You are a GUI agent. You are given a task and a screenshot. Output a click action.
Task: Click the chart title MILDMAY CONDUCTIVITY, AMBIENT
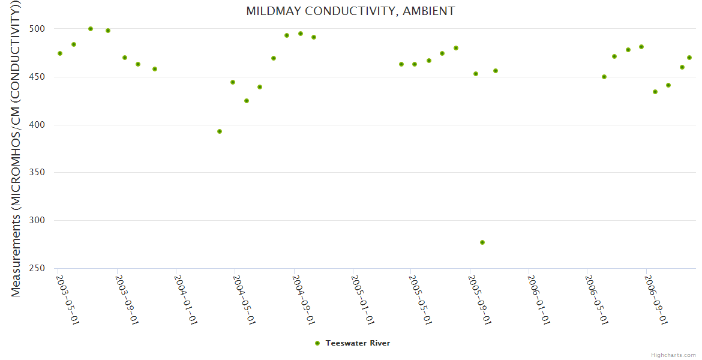pyautogui.click(x=350, y=11)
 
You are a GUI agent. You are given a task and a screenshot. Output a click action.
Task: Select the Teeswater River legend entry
pyautogui.click(x=358, y=343)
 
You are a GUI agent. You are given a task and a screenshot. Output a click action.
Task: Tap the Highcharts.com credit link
pyautogui.click(x=673, y=355)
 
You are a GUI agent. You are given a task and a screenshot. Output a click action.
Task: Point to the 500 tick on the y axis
pyautogui.click(x=41, y=29)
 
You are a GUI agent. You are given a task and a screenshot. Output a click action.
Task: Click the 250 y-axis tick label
pyautogui.click(x=41, y=268)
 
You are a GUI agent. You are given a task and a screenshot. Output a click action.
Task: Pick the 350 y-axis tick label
pyautogui.click(x=41, y=173)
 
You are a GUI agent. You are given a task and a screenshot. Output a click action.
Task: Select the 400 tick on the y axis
pyautogui.click(x=41, y=125)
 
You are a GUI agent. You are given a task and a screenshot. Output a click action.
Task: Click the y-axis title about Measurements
pyautogui.click(x=16, y=149)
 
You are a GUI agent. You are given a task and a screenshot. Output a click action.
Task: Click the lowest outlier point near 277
pyautogui.click(x=482, y=242)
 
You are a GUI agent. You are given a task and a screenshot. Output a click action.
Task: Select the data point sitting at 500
pyautogui.click(x=91, y=29)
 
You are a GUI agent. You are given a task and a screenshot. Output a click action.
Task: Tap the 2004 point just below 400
pyautogui.click(x=220, y=131)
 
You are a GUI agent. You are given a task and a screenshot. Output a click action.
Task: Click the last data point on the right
pyautogui.click(x=689, y=58)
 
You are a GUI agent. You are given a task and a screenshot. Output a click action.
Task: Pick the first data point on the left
pyautogui.click(x=60, y=53)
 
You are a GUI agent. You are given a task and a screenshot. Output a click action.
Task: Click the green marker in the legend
pyautogui.click(x=317, y=343)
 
